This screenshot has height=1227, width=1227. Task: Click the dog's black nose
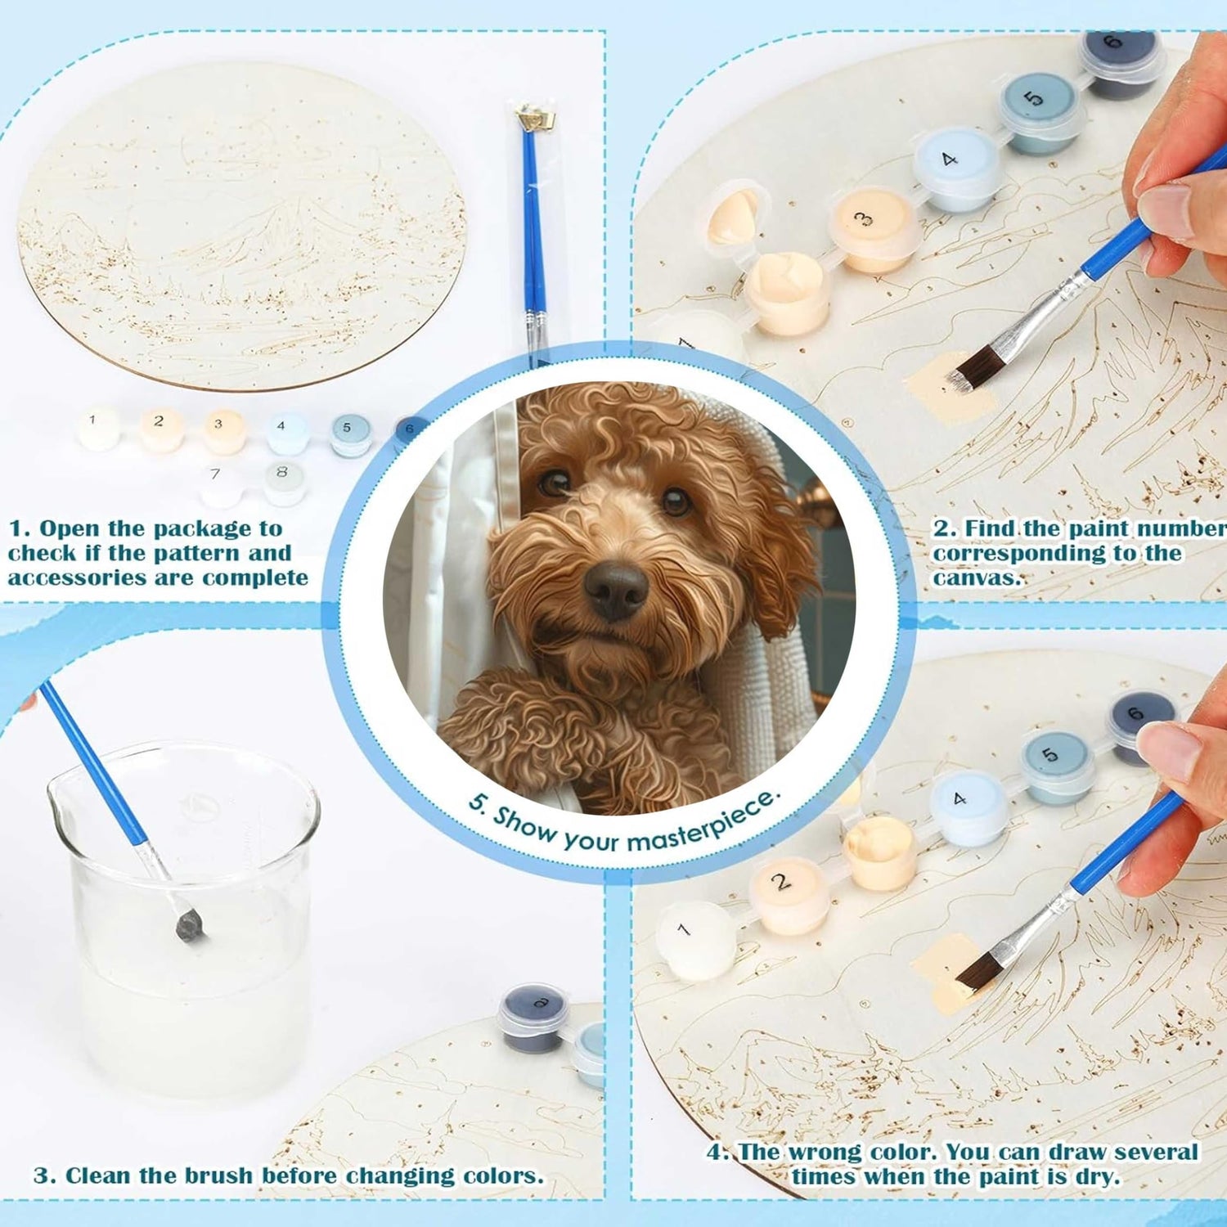click(615, 589)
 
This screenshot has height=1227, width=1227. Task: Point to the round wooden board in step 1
click(241, 225)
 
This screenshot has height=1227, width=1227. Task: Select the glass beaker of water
click(183, 916)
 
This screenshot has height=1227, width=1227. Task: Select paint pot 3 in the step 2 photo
click(871, 229)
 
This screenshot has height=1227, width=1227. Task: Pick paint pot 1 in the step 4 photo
click(696, 941)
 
